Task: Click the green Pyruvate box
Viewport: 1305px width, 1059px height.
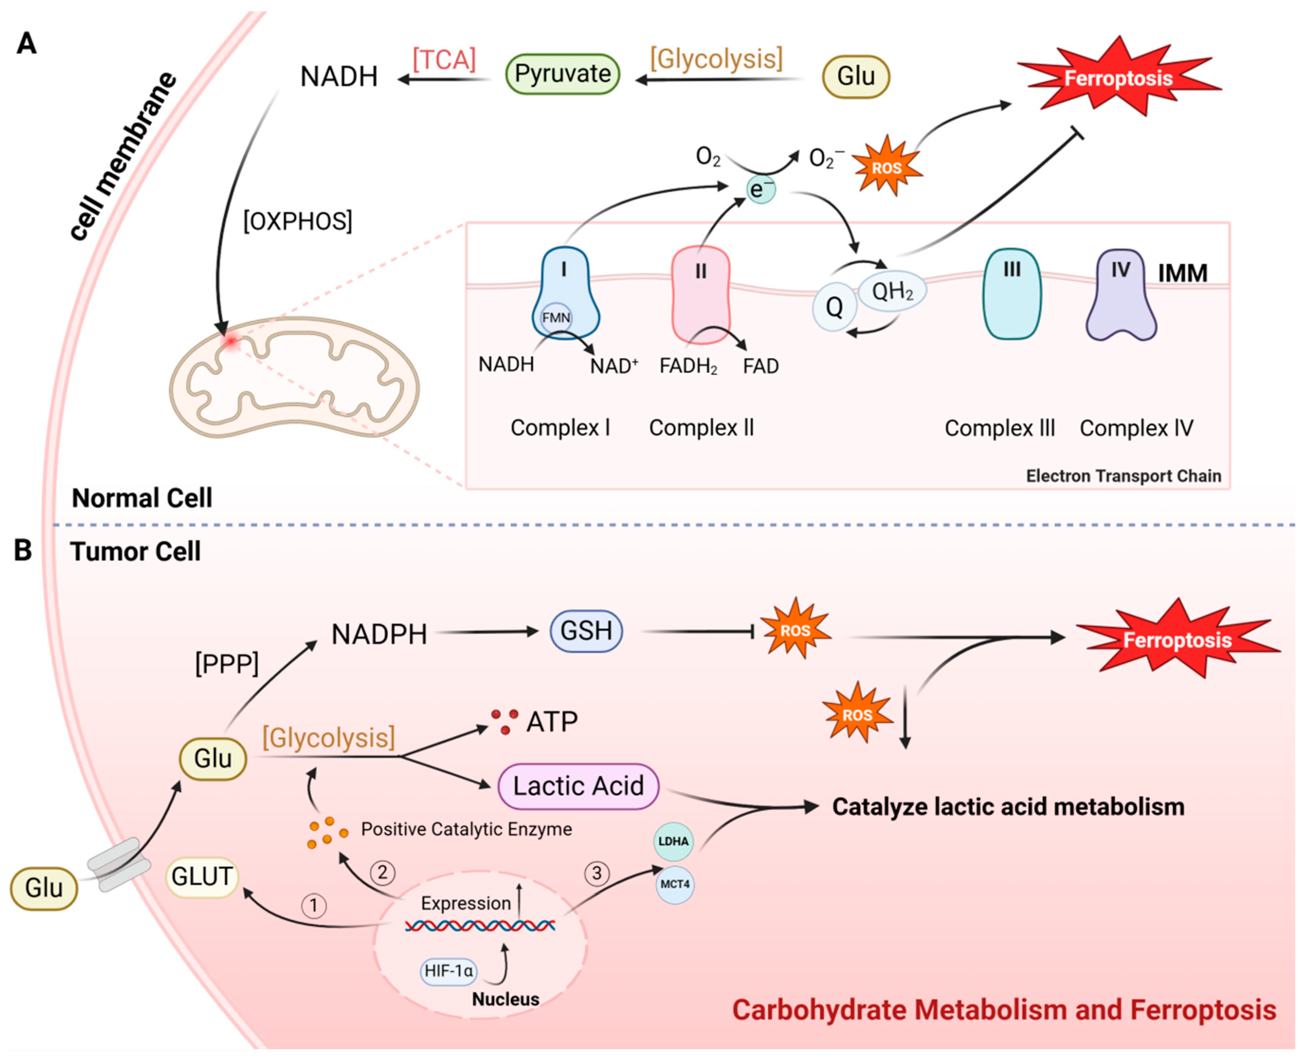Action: [562, 74]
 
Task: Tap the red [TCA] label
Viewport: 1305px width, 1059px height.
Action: [443, 60]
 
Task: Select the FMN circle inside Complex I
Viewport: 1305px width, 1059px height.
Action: [556, 318]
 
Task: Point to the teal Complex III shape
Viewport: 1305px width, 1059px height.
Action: [1011, 294]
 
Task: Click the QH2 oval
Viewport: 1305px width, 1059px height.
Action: [893, 291]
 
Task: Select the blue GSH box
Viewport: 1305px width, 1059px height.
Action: [586, 631]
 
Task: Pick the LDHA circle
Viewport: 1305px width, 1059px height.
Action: [674, 841]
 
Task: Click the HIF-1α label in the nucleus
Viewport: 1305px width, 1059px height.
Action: [449, 971]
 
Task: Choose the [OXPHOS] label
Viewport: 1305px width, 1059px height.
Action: [298, 221]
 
